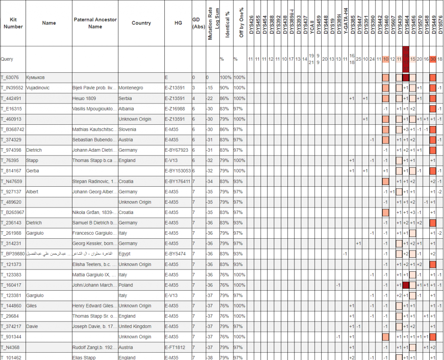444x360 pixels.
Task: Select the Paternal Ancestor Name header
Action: pos(95,23)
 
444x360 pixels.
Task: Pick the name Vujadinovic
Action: pos(38,88)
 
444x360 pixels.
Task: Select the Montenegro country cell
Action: pos(131,88)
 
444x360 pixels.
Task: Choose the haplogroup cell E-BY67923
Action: pos(178,150)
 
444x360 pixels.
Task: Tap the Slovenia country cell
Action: pos(127,130)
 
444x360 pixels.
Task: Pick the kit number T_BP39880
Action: pos(12,254)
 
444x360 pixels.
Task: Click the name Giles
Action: pos(32,306)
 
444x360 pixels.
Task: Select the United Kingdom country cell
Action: pos(134,326)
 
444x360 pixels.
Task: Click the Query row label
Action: pos(7,59)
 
